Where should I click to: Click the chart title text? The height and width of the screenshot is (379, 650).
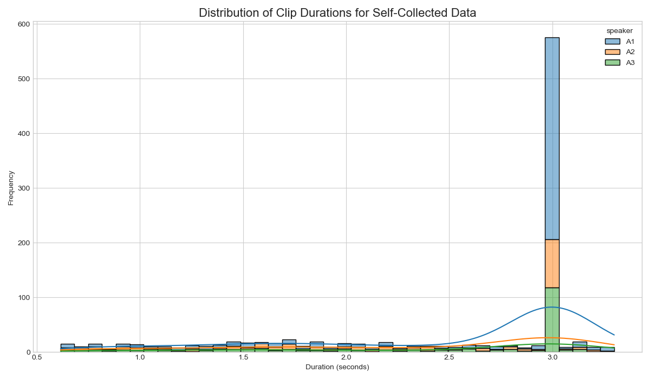337,13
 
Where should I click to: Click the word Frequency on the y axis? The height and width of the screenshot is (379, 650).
11,187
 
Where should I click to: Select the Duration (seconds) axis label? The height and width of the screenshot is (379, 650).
337,367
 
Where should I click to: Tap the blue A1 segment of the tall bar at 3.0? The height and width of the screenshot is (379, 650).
551,138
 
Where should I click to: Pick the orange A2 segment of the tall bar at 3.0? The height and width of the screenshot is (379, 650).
551,264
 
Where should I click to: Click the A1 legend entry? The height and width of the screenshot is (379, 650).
620,41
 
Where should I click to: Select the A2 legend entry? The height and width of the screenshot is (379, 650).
620,52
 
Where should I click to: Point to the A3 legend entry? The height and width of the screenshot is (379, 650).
620,63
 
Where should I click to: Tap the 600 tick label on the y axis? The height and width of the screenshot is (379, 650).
23,24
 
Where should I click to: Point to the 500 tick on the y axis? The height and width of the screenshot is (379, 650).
23,79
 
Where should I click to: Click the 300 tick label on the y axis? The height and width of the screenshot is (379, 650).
23,188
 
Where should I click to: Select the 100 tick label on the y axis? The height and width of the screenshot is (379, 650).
23,297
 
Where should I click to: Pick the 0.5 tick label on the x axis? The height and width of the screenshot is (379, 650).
37,358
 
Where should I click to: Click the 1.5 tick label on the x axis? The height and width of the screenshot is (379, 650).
243,358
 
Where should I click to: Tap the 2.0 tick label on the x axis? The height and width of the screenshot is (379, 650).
346,358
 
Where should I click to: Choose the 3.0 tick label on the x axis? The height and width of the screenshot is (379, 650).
552,358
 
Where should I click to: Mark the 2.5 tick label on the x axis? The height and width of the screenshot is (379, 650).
449,358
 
